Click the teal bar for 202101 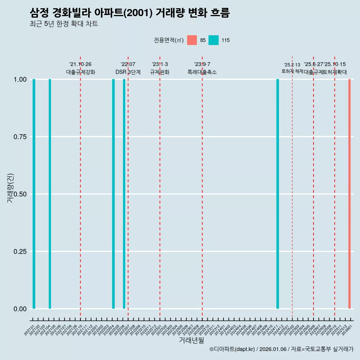(x=34, y=194)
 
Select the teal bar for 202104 (x=50, y=194)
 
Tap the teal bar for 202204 (x=113, y=194)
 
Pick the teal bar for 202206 (x=124, y=194)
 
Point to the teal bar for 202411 (x=277, y=194)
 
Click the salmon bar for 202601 (x=349, y=194)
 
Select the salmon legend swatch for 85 (x=192, y=40)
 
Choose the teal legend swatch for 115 (x=213, y=40)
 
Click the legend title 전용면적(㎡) (x=168, y=40)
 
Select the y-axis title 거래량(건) (x=10, y=188)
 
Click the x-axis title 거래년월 (x=191, y=340)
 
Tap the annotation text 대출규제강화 (x=81, y=72)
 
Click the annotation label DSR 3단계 (x=128, y=72)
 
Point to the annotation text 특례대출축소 (x=202, y=72)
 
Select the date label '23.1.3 (x=160, y=64)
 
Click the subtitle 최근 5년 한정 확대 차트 (x=64, y=24)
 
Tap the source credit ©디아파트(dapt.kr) (x=232, y=349)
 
